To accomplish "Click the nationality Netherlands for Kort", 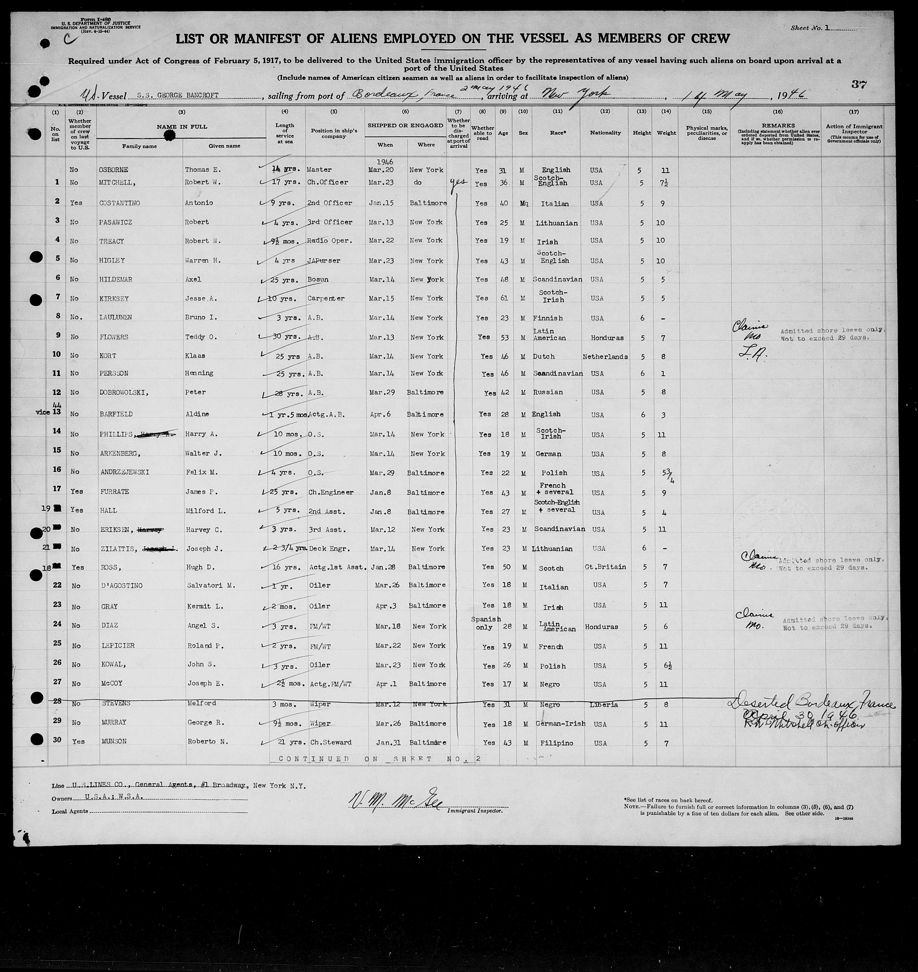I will coord(605,357).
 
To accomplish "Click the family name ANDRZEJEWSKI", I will coord(123,472).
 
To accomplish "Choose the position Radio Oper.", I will coord(329,241).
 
